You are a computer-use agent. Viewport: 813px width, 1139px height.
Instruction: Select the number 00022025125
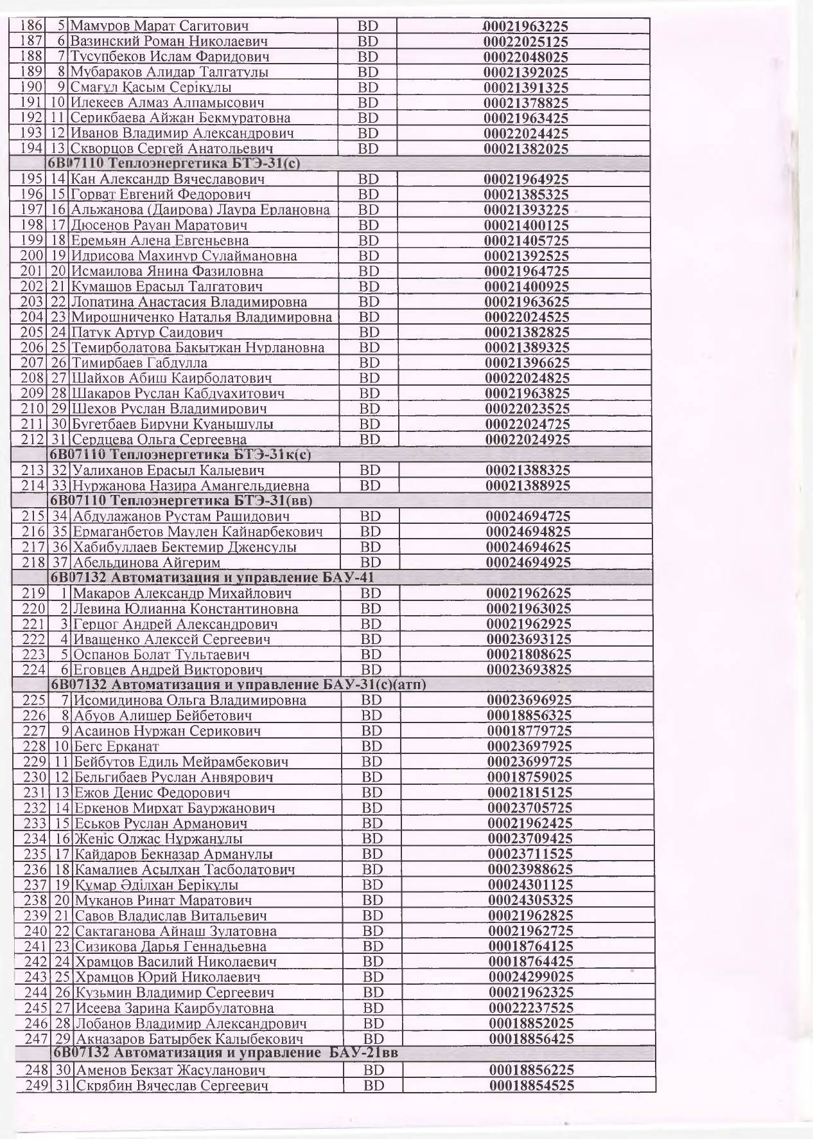(525, 42)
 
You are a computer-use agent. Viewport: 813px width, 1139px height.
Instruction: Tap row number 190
(31, 87)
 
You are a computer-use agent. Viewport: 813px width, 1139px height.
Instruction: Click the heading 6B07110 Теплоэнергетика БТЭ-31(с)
(174, 163)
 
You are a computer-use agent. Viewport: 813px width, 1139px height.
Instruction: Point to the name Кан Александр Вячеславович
(168, 179)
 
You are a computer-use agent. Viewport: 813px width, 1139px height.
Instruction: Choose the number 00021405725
(526, 240)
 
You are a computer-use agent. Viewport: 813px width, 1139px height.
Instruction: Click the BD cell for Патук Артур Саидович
(368, 332)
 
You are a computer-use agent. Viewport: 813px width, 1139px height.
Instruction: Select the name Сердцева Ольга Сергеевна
(159, 440)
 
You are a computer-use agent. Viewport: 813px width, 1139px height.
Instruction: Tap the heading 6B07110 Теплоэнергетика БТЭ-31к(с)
(181, 454)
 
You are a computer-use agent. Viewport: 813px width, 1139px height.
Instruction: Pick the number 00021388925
(527, 485)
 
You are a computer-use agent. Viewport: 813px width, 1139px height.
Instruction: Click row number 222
(34, 639)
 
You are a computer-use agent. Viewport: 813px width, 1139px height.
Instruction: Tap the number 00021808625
(529, 654)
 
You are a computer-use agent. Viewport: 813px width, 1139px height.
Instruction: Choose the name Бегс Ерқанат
(117, 746)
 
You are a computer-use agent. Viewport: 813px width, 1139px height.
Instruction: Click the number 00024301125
(530, 884)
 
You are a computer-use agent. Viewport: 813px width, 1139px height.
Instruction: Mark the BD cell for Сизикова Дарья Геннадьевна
(372, 946)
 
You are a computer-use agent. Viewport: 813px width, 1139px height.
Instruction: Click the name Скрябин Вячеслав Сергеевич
(172, 1086)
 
